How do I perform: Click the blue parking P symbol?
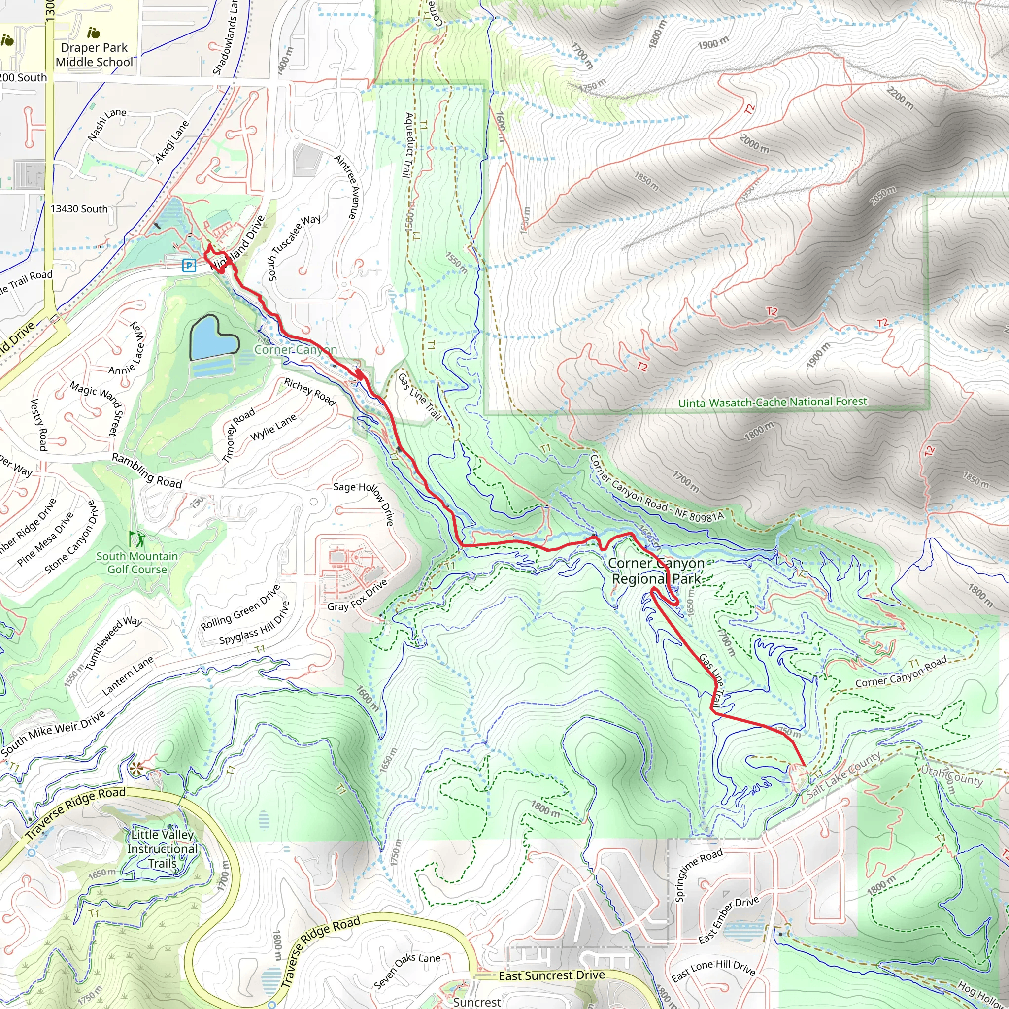tap(189, 266)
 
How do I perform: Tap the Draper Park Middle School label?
tap(95, 55)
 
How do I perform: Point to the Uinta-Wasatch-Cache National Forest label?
tap(773, 402)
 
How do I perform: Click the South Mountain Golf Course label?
tap(137, 563)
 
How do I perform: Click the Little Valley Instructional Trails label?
tap(163, 849)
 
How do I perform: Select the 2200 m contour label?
tap(901, 98)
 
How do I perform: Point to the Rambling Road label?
tap(147, 471)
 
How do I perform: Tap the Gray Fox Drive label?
tap(357, 595)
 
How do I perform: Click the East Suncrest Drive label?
tap(551, 975)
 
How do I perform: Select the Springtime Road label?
tap(698, 875)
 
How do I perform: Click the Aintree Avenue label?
tap(347, 186)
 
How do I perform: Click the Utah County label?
tap(951, 775)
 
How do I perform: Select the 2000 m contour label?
tap(754, 144)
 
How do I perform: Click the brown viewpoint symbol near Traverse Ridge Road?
tap(137, 768)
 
